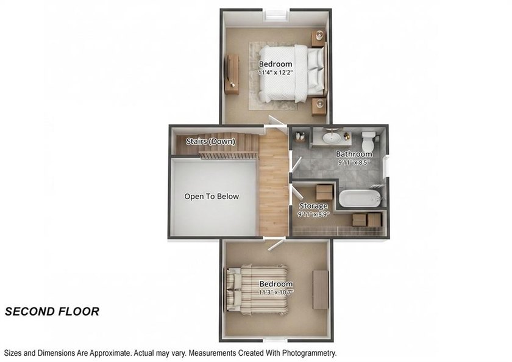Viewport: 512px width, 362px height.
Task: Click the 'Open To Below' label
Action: pyautogui.click(x=212, y=196)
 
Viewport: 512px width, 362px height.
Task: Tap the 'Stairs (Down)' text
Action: pyautogui.click(x=211, y=141)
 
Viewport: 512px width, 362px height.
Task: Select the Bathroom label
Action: pyautogui.click(x=354, y=154)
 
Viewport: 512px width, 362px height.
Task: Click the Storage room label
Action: pyautogui.click(x=313, y=206)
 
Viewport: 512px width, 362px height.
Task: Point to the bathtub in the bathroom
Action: pyautogui.click(x=360, y=198)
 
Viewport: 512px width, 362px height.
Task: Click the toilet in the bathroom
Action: pyautogui.click(x=369, y=141)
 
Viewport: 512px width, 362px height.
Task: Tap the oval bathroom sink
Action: pyautogui.click(x=332, y=138)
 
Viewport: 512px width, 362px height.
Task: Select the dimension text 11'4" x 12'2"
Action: pyautogui.click(x=276, y=73)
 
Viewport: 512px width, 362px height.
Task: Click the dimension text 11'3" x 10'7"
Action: pyautogui.click(x=276, y=292)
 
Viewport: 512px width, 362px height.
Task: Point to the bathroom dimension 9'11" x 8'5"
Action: pyautogui.click(x=354, y=162)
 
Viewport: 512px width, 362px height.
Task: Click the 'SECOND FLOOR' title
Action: pyautogui.click(x=52, y=311)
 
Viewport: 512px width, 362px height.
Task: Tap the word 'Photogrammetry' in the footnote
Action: pyautogui.click(x=308, y=353)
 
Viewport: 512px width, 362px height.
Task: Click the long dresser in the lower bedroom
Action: pyautogui.click(x=321, y=289)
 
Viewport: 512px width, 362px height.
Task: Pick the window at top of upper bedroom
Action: pyautogui.click(x=277, y=15)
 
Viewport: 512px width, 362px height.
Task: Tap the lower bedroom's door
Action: pyautogui.click(x=276, y=244)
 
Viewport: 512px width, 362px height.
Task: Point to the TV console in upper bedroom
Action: pyautogui.click(x=232, y=74)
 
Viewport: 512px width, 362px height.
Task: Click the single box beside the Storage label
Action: pyautogui.click(x=324, y=192)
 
